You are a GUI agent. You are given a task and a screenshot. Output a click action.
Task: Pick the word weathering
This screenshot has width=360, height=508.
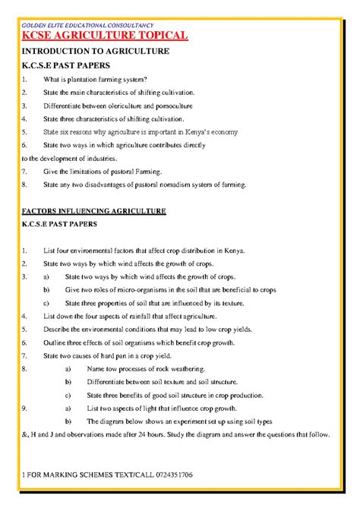[x=181, y=368]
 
